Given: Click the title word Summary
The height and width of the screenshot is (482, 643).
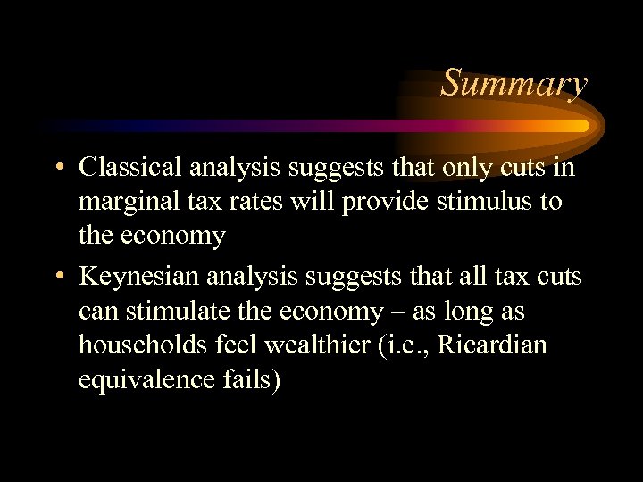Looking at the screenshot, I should tap(514, 83).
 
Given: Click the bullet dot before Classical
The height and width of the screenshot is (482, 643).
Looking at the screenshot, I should tap(58, 169).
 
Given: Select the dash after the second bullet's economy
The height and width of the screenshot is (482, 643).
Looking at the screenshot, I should tap(410, 312).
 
